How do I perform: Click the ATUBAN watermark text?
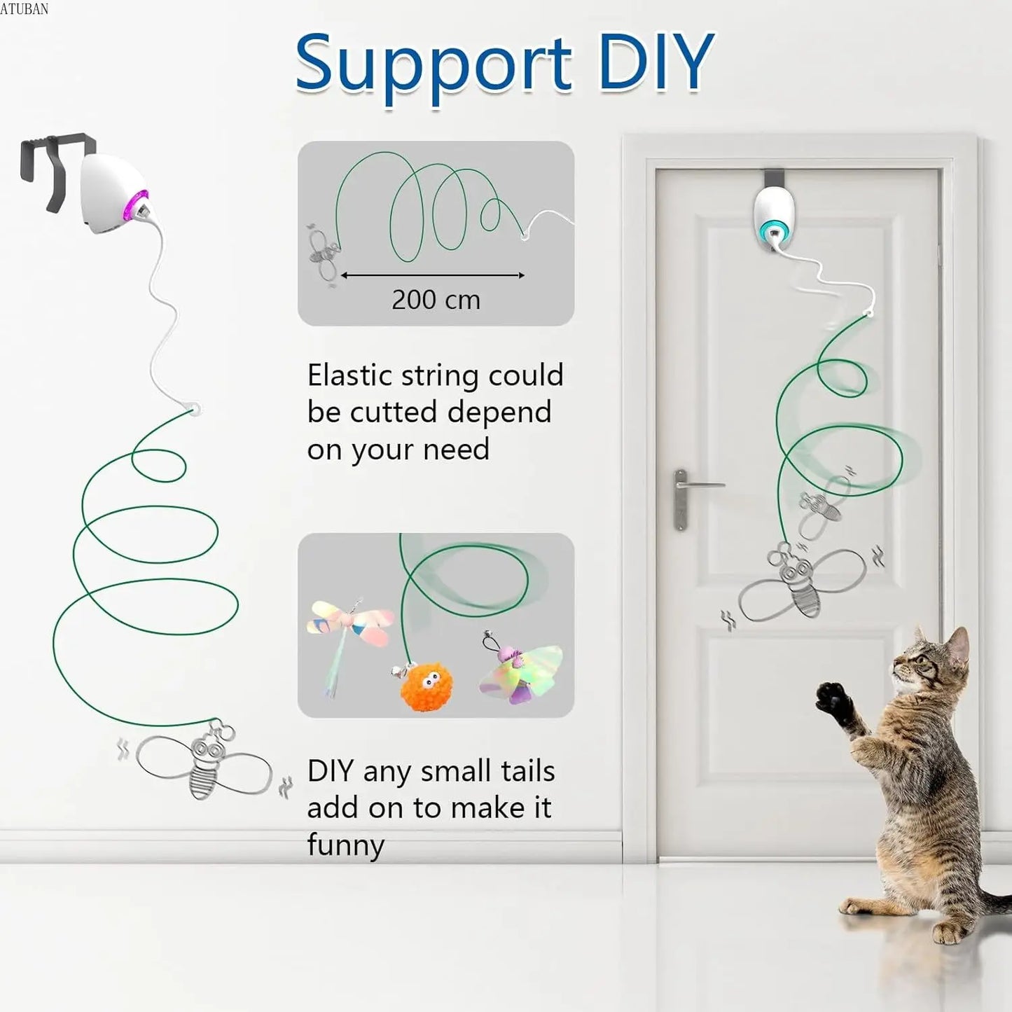coord(25,8)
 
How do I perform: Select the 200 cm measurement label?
coord(436,300)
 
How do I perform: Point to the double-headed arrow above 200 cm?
coord(433,275)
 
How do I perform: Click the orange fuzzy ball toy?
coord(426,687)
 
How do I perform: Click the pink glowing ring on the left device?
coord(137,206)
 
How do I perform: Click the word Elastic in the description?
coord(350,376)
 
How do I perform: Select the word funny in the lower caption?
coord(345,845)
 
